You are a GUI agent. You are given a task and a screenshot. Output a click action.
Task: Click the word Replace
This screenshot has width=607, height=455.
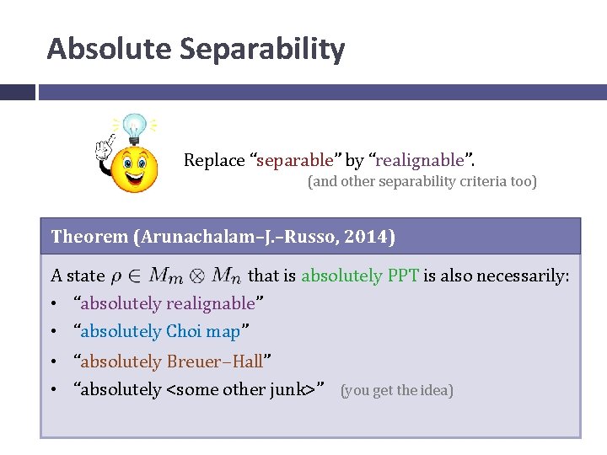coord(214,160)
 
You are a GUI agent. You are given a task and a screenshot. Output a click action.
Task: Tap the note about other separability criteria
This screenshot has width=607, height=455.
coord(422,181)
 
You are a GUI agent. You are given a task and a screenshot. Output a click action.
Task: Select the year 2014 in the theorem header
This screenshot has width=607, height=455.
coord(372,237)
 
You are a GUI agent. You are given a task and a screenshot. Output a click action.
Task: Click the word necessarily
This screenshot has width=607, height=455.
coord(524,276)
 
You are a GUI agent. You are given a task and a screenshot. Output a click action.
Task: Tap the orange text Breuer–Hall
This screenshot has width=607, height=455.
coord(214,361)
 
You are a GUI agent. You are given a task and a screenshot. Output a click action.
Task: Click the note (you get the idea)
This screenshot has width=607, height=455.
coord(396,390)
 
